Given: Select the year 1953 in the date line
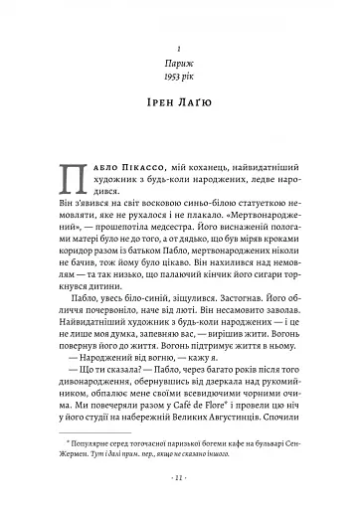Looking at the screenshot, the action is pos(170,85).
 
